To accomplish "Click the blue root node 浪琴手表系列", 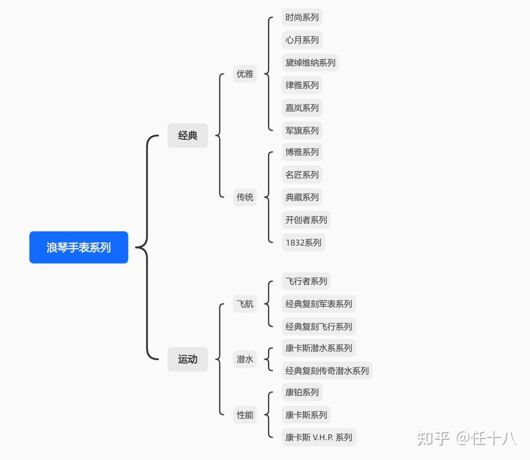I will (x=78, y=247).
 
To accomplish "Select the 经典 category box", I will (x=188, y=135).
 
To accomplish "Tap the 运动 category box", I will (x=188, y=359).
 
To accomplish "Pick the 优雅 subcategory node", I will (x=245, y=74).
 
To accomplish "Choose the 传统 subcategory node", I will (x=245, y=197).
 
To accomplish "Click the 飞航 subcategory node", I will (x=245, y=304).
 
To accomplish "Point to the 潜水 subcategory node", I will (x=245, y=359).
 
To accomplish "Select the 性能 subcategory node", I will (x=245, y=415).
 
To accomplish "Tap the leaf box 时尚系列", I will (x=302, y=17).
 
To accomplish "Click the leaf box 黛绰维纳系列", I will (x=310, y=63).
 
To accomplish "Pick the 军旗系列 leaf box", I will (x=302, y=131).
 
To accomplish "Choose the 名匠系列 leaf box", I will (x=302, y=175).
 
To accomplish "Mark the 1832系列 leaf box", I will (x=303, y=243).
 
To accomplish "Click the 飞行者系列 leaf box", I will (x=306, y=282).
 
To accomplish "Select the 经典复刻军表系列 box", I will (x=319, y=304).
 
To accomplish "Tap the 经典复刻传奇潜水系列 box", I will (x=327, y=371).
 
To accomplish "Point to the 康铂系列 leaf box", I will (x=302, y=392).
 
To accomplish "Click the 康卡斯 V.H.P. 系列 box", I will (x=319, y=438).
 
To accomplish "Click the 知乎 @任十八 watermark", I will (x=467, y=438).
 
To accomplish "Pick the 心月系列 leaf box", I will (x=302, y=40).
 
